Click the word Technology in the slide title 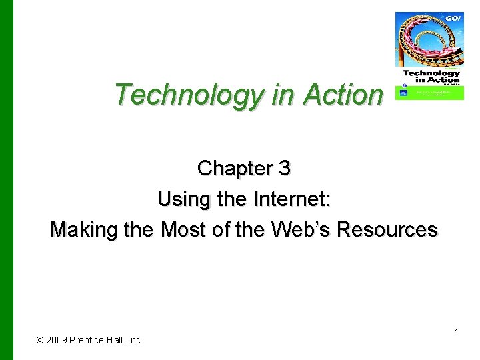tap(190, 95)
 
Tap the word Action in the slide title tap(343, 95)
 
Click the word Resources tap(387, 229)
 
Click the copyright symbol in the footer tap(40, 340)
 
